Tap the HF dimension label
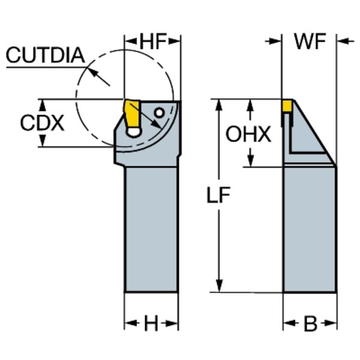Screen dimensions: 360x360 pyautogui.click(x=152, y=41)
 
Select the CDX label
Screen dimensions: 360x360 pyautogui.click(x=41, y=123)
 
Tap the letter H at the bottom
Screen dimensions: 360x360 pyautogui.click(x=151, y=324)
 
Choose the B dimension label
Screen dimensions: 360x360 pyautogui.click(x=310, y=324)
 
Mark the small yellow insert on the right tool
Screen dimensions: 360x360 pyautogui.click(x=287, y=106)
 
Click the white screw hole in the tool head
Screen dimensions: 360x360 pyautogui.click(x=159, y=112)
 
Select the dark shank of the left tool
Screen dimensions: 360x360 pyautogui.click(x=151, y=228)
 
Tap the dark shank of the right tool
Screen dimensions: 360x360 pyautogui.click(x=310, y=228)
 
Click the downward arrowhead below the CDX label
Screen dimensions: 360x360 pyautogui.click(x=43, y=142)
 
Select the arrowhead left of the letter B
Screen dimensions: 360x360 pyautogui.click(x=289, y=324)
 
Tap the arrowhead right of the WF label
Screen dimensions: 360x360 pyautogui.click(x=343, y=41)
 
